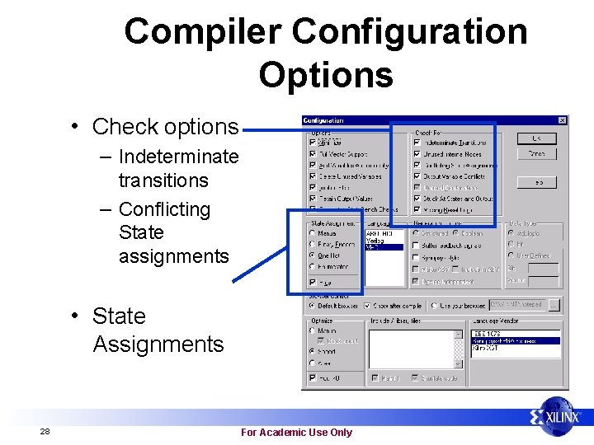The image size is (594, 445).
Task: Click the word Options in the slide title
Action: point(325,74)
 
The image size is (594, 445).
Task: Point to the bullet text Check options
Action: point(164,127)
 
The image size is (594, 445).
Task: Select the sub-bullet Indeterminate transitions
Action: point(177,168)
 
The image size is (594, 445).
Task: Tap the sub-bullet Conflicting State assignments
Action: point(172,232)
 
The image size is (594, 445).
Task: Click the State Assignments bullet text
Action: point(157,330)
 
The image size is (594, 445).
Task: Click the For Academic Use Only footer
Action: point(295,432)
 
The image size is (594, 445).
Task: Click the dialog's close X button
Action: point(562,120)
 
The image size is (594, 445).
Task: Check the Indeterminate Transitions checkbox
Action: point(417,143)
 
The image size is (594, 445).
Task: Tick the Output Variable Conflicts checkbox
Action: point(417,176)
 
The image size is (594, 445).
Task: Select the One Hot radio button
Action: point(313,255)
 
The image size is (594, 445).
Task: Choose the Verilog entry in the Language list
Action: point(374,241)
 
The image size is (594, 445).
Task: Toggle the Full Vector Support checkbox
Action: point(312,154)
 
